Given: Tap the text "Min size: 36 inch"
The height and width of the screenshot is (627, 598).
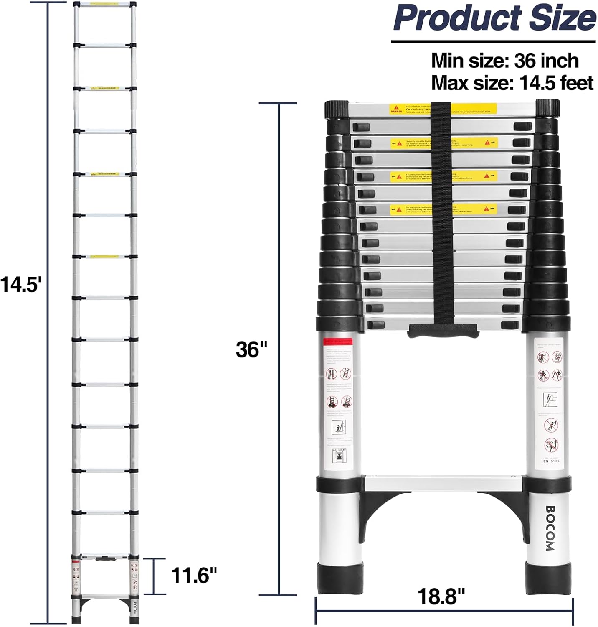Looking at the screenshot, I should pyautogui.click(x=504, y=61).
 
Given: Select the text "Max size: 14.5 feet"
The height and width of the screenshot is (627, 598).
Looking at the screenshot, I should pyautogui.click(x=512, y=83).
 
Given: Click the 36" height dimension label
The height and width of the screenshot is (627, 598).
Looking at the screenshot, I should pyautogui.click(x=251, y=349).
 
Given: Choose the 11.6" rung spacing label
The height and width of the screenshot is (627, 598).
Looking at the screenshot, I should pyautogui.click(x=194, y=576).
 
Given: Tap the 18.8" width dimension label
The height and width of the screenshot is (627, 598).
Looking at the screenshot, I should pyautogui.click(x=441, y=596).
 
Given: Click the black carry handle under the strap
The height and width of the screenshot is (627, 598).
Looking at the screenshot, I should pyautogui.click(x=443, y=330).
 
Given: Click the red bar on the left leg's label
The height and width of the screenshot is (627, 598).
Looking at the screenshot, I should pyautogui.click(x=338, y=342).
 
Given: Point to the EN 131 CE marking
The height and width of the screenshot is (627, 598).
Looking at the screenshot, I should pyautogui.click(x=551, y=461).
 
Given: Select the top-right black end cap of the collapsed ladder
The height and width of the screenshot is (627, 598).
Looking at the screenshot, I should pyautogui.click(x=547, y=110).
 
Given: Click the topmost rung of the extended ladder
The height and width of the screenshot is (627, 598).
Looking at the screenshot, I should pyautogui.click(x=104, y=5).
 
